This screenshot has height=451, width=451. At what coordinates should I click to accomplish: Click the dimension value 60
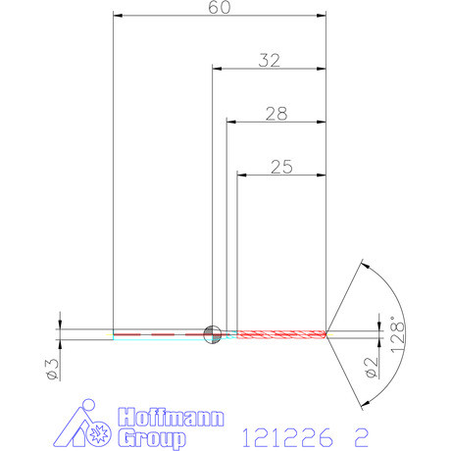tap(220, 7)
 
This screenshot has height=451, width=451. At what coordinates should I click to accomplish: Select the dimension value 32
tap(269, 61)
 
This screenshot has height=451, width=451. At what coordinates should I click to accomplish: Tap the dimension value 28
tap(276, 114)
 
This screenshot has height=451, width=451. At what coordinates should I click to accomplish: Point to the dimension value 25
tap(281, 167)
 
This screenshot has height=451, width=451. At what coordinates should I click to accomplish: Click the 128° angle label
tap(398, 334)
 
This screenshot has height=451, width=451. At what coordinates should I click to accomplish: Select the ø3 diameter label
tap(52, 370)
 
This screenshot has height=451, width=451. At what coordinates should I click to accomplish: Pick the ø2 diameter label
tap(372, 368)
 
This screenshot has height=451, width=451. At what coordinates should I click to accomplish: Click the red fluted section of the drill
tap(281, 334)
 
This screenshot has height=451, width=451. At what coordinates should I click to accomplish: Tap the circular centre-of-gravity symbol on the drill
tap(212, 334)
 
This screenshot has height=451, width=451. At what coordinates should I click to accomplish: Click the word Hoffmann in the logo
tap(171, 417)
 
